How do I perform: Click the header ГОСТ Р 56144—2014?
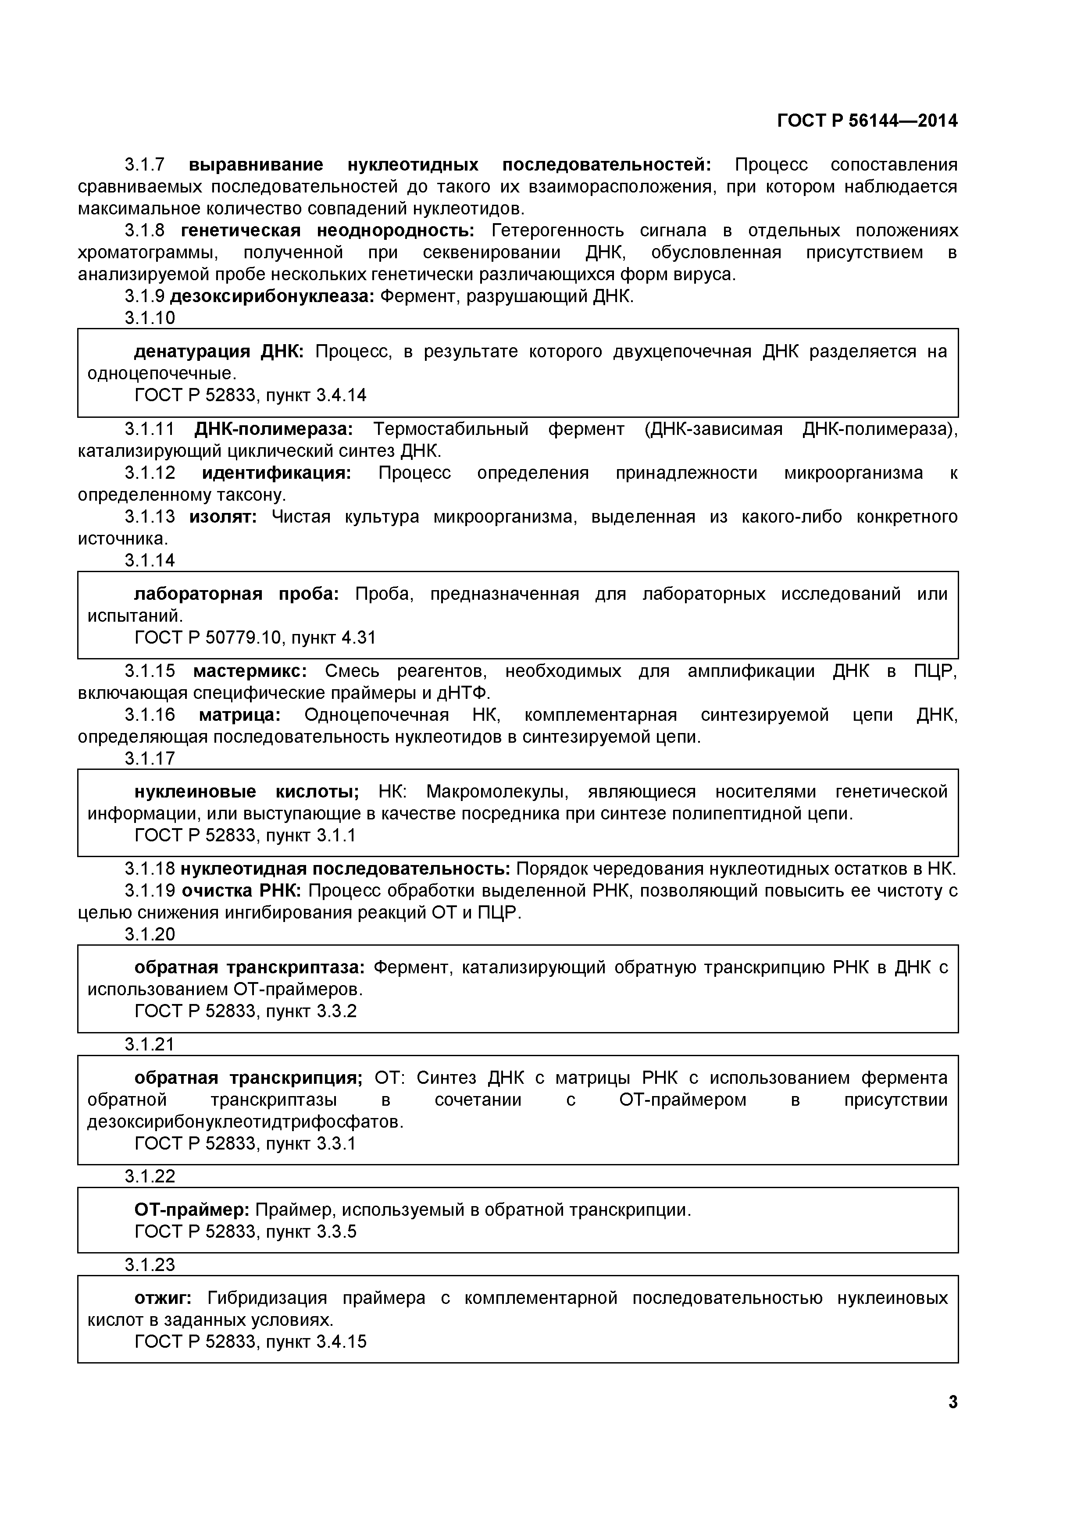(867, 121)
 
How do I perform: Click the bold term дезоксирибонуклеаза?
(272, 296)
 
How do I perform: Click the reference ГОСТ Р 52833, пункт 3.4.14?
(250, 395)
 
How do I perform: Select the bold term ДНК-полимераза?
(273, 429)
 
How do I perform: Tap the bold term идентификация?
(276, 473)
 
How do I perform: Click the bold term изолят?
(223, 516)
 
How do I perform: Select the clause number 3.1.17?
(150, 758)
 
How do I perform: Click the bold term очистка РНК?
(242, 891)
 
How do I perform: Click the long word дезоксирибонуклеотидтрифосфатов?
(245, 1122)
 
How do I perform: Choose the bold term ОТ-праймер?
(192, 1210)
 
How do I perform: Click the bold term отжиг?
(163, 1298)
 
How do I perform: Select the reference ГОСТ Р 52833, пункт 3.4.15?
(250, 1342)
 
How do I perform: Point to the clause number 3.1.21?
(150, 1044)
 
